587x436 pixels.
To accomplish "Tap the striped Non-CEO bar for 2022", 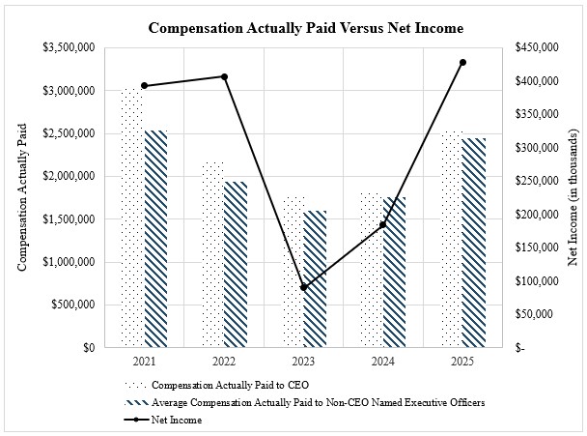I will point(235,263).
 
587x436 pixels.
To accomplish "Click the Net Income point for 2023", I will point(303,287).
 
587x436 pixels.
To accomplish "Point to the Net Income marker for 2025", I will point(462,63).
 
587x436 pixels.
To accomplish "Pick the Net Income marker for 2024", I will point(383,225).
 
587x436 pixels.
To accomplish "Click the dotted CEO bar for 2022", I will point(212,254).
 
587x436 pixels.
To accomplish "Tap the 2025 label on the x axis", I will point(462,361).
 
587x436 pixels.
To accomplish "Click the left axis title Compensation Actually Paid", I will point(22,196).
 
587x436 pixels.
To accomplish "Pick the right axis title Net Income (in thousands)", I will point(572,196).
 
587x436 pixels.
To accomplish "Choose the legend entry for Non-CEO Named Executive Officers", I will point(318,402).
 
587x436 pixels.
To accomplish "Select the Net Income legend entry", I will point(176,421).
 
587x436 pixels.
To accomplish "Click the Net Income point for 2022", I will point(224,76).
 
